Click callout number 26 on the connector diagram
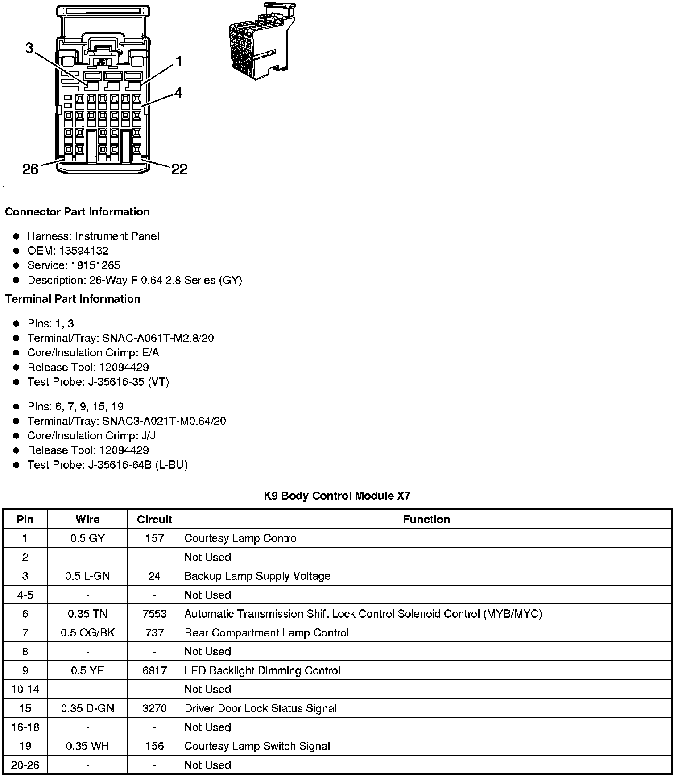[x=30, y=169]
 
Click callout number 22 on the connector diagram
[x=179, y=169]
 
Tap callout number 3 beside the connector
[x=29, y=48]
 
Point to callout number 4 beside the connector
[x=178, y=93]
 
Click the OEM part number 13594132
[x=84, y=251]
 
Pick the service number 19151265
[x=95, y=265]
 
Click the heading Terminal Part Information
[x=73, y=299]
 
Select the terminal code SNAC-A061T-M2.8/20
[x=158, y=338]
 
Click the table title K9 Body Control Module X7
[x=337, y=496]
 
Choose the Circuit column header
[x=154, y=519]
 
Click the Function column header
[x=426, y=519]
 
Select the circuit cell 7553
[x=154, y=614]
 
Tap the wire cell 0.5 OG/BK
[x=87, y=633]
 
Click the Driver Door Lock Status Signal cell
[x=260, y=708]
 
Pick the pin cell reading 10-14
[x=25, y=690]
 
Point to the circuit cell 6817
[x=154, y=671]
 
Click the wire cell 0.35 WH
[x=87, y=746]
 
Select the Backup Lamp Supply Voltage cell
[x=257, y=576]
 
